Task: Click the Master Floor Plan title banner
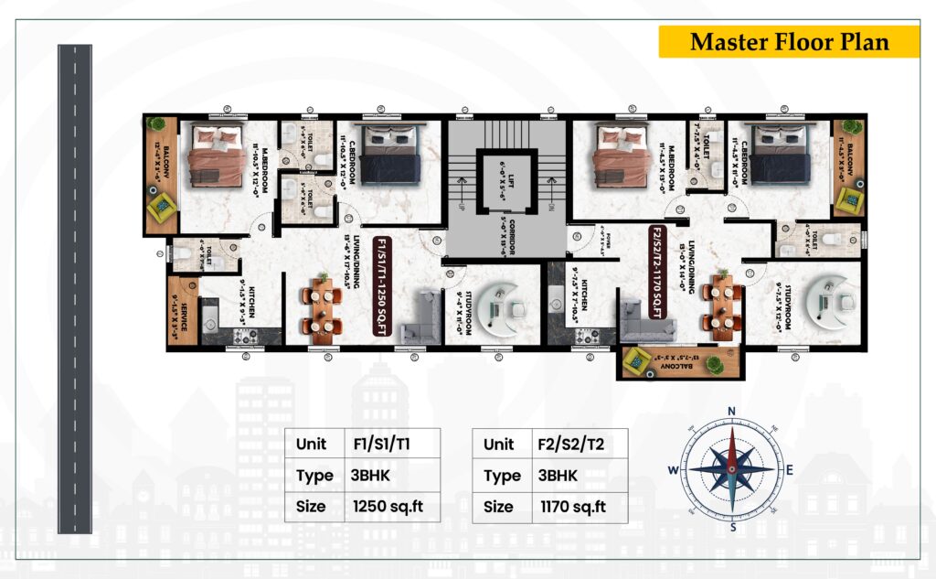click(x=789, y=42)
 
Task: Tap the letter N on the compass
click(x=731, y=411)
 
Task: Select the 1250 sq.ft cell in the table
click(x=387, y=506)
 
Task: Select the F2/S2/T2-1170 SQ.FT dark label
click(x=656, y=273)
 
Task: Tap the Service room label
click(x=186, y=319)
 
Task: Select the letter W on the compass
click(x=673, y=470)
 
